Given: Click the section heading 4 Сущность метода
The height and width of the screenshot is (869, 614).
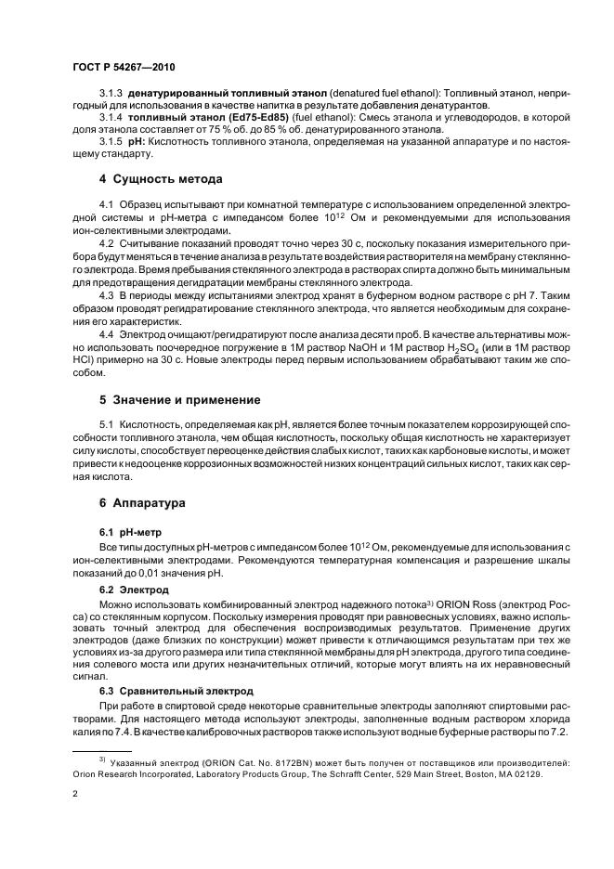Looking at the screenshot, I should click(x=160, y=178).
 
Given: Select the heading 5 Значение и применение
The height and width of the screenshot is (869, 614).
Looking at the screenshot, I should click(x=179, y=400).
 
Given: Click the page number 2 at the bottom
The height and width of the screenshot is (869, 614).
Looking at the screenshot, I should click(x=76, y=795).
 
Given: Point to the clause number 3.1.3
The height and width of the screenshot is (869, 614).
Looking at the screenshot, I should click(x=111, y=96).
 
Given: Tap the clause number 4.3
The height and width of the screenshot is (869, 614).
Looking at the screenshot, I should click(x=107, y=294).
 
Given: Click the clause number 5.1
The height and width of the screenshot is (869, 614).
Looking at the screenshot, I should click(x=107, y=427).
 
